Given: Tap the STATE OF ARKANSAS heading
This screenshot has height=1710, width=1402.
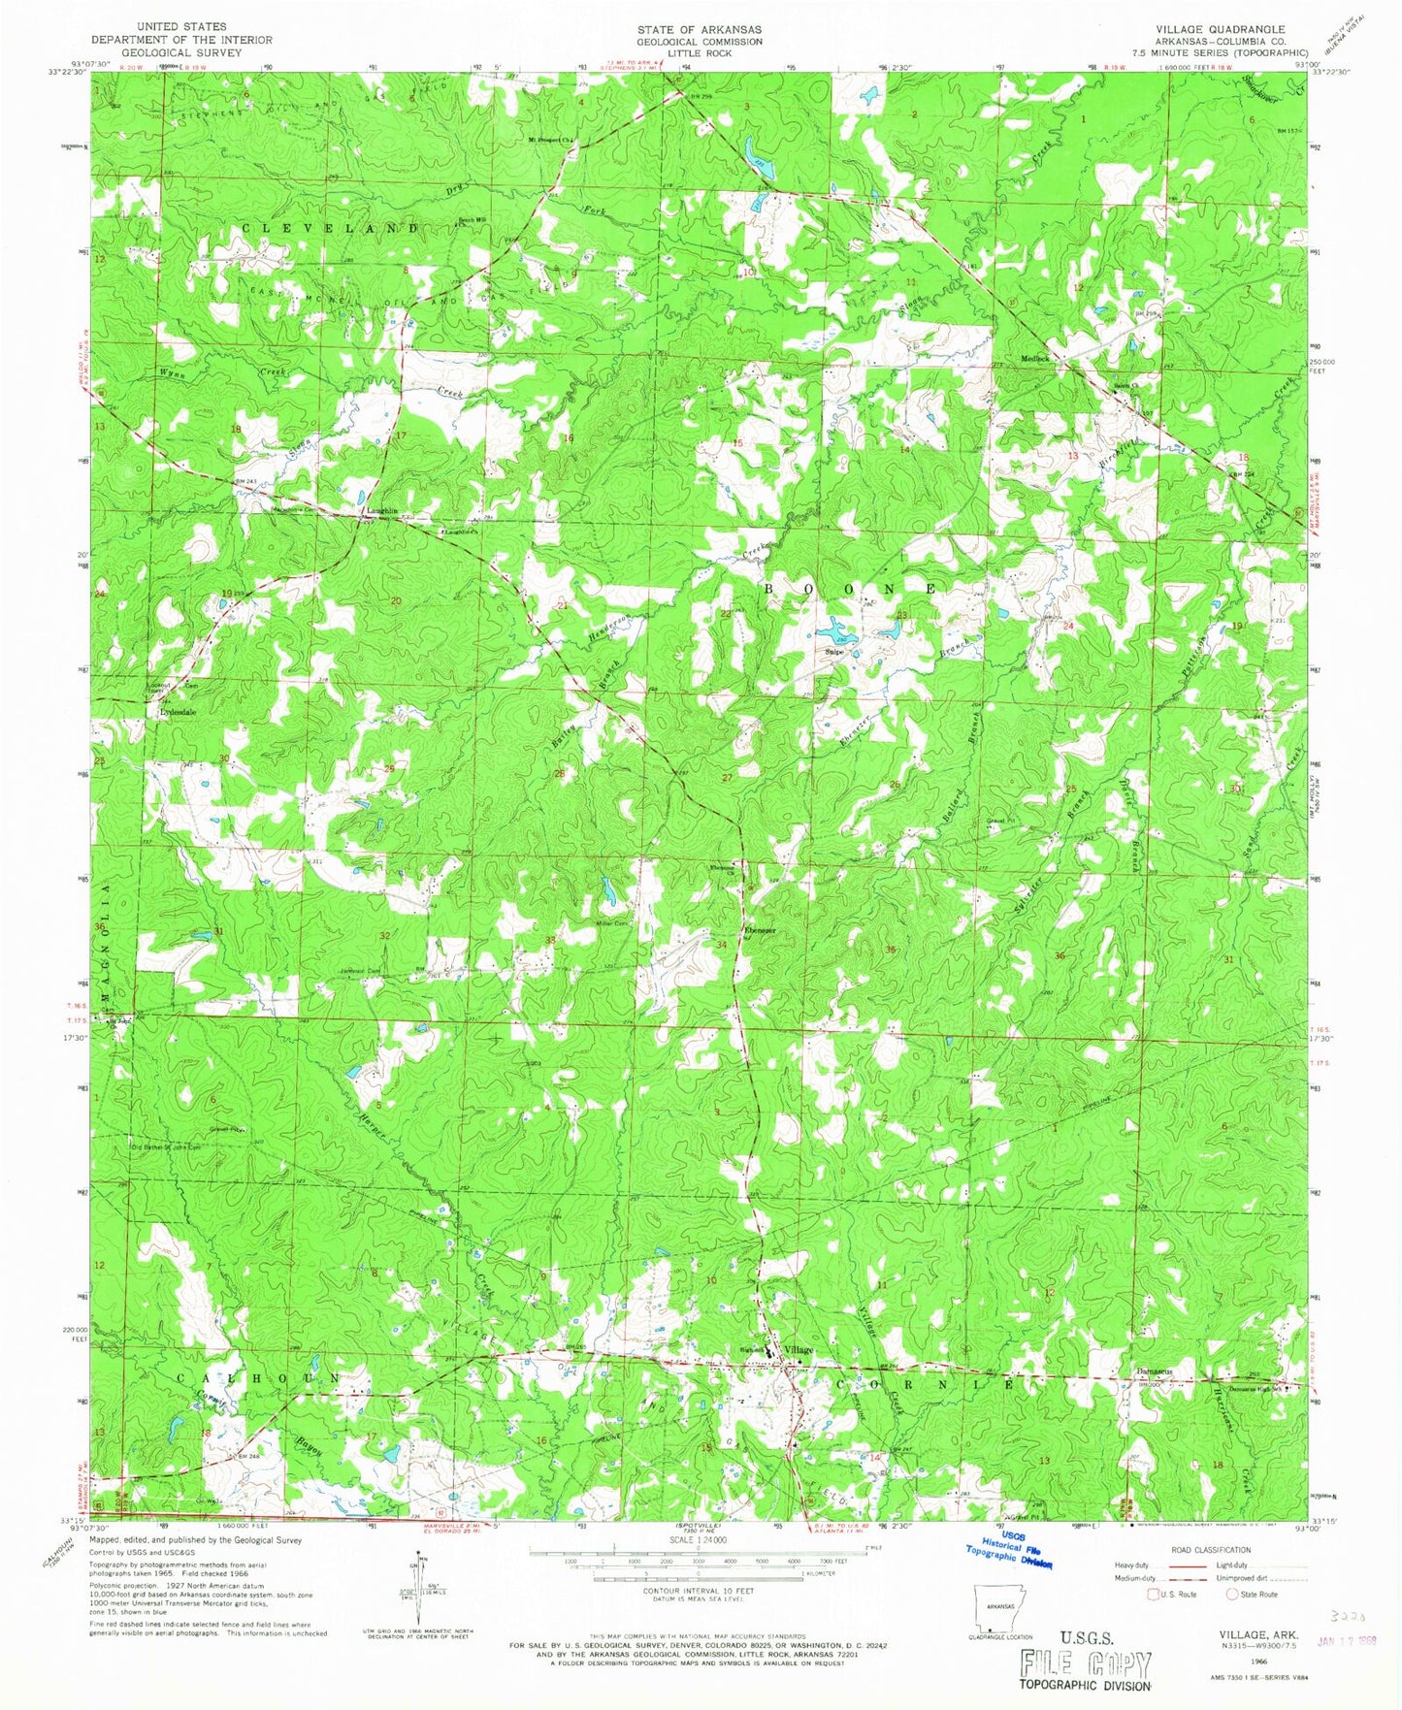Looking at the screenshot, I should [699, 29].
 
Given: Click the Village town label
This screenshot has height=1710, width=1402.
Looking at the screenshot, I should [799, 1350].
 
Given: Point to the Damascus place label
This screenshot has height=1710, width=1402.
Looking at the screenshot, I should [1154, 1371].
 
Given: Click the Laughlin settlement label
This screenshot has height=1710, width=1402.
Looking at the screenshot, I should [380, 510].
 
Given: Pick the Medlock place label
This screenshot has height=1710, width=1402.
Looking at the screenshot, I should [1035, 358].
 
